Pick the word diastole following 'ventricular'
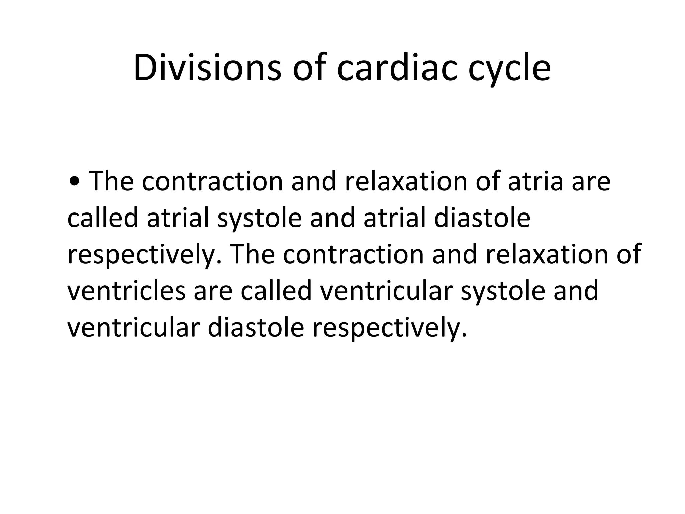256,327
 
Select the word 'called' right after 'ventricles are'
276,290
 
